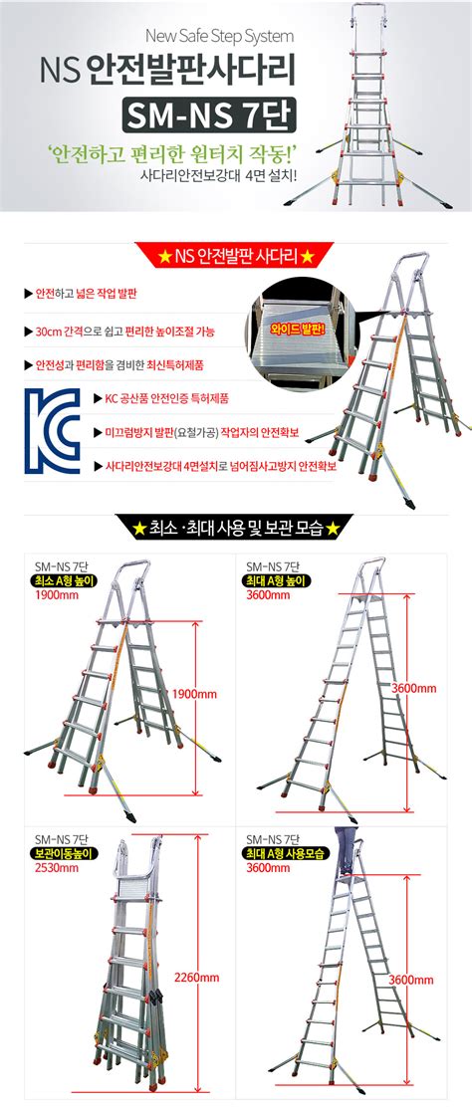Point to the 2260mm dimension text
(195, 976)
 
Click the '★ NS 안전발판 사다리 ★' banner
(236, 259)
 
